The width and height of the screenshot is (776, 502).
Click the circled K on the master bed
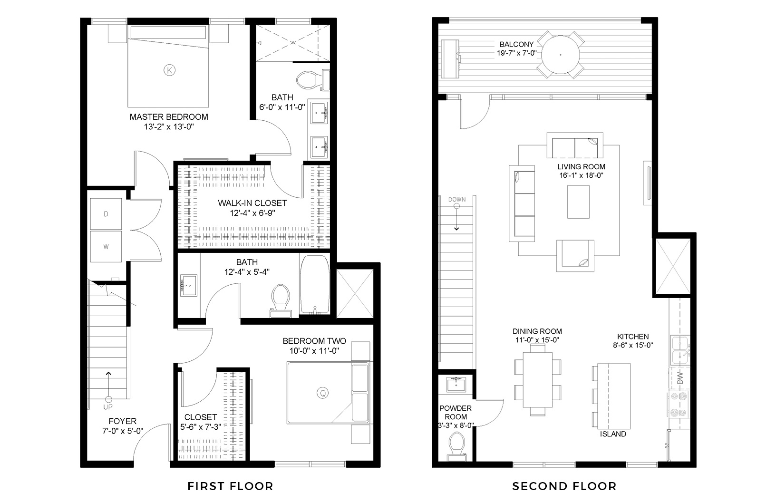click(x=169, y=70)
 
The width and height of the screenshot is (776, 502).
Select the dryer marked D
click(x=106, y=214)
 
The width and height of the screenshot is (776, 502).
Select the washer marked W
click(x=106, y=246)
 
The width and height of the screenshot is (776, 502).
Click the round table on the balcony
click(x=561, y=54)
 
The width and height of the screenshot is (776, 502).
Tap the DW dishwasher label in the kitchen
click(x=680, y=378)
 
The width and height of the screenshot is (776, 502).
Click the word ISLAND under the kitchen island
click(x=613, y=434)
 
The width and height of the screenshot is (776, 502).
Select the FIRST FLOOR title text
click(x=230, y=486)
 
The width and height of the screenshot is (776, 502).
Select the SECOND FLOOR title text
click(x=564, y=486)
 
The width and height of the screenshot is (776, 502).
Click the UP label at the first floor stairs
click(x=108, y=407)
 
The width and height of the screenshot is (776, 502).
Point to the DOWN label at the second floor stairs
click(x=457, y=199)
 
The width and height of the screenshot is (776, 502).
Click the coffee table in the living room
click(x=578, y=202)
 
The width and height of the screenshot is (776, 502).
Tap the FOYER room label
click(x=122, y=421)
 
